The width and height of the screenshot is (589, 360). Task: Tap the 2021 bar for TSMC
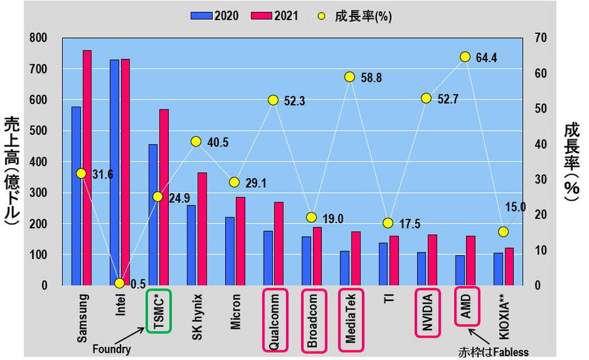pyautogui.click(x=164, y=197)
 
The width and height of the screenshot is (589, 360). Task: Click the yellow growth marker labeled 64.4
pyautogui.click(x=465, y=57)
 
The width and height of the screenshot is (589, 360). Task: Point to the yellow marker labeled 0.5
pyautogui.click(x=119, y=283)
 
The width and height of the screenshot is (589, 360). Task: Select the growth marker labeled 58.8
pyautogui.click(x=349, y=77)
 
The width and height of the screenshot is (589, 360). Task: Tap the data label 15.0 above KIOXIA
pyautogui.click(x=515, y=207)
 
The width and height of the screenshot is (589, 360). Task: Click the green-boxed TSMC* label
pyautogui.click(x=159, y=310)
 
